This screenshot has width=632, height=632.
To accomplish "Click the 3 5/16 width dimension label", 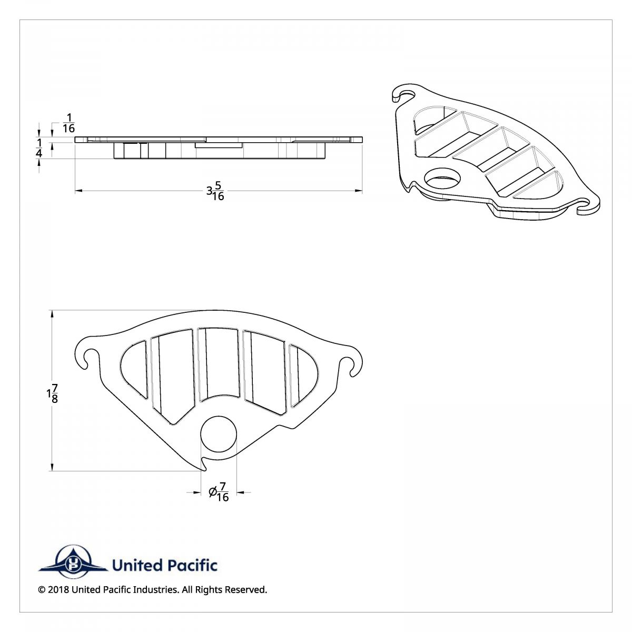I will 215,191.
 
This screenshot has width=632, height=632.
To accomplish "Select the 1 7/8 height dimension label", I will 52,394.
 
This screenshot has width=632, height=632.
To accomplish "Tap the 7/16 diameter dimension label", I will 219,492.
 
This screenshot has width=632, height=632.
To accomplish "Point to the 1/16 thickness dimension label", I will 68,123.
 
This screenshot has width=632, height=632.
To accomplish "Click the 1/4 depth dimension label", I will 39,149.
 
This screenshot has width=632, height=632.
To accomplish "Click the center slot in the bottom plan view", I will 218,363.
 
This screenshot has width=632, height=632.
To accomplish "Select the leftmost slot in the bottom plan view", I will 134,369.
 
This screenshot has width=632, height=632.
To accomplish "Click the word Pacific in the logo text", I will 192,566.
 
